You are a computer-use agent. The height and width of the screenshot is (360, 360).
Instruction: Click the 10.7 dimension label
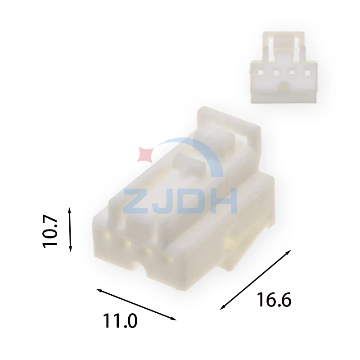coord(50,231)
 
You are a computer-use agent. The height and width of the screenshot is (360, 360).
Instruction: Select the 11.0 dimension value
coord(120,321)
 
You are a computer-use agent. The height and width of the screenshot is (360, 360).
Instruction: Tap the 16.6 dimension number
coord(274,300)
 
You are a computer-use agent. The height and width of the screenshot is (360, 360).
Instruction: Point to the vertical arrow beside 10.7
coord(70,229)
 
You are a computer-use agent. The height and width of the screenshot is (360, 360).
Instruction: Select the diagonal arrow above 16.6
coord(256,279)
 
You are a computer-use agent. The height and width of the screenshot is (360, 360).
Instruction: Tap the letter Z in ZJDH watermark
coord(136,201)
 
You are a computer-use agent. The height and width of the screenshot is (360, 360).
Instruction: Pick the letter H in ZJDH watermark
coord(225,201)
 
